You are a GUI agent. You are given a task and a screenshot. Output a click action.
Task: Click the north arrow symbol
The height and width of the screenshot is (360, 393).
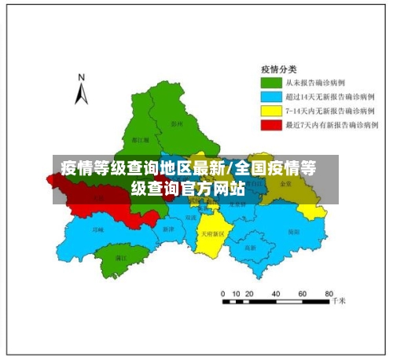pos(80,94)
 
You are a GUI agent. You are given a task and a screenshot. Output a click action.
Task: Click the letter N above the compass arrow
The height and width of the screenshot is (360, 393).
pos(80,77)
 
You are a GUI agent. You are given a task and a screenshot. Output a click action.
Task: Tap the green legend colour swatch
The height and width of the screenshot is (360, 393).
pos(272,82)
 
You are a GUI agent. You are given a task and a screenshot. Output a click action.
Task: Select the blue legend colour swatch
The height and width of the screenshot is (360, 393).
pos(272,96)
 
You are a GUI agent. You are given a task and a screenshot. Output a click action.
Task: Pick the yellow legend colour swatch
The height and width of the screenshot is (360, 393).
pos(272,110)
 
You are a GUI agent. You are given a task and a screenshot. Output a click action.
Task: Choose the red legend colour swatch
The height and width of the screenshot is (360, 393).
pos(272,124)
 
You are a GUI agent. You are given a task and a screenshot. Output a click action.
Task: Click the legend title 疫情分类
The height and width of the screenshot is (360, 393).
pos(278,68)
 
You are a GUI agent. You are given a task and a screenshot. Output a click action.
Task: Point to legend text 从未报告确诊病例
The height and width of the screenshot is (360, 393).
pos(318,82)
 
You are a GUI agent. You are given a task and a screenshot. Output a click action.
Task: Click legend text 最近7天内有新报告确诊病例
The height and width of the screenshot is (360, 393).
pos(334,124)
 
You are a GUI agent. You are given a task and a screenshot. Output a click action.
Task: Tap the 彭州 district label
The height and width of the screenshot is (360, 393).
pos(176,123)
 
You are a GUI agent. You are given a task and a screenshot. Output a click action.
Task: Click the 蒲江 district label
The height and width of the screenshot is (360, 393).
pos(121,257)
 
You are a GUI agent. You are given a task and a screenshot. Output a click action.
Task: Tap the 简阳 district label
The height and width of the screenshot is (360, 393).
pos(293,232)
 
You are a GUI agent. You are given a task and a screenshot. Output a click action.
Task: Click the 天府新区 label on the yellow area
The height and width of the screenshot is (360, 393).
pos(212,233)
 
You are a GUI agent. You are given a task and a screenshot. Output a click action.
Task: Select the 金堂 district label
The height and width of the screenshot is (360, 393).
pos(285,183)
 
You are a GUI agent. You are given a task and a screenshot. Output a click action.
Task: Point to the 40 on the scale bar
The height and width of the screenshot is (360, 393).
pos(275,293)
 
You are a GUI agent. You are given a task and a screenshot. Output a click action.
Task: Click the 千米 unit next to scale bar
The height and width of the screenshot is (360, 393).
pos(339,300)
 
